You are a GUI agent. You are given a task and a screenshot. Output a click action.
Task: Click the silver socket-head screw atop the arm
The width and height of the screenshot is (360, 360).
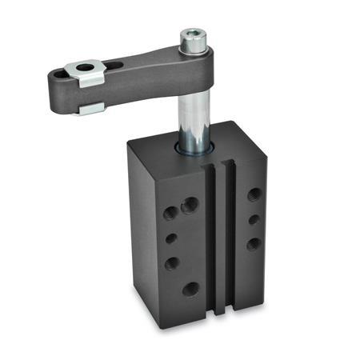tap(193, 38)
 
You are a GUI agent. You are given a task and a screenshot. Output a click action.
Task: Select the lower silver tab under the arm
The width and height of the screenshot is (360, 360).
tap(90, 107)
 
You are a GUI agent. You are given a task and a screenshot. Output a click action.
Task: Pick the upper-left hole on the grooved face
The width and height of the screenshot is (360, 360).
tap(170, 213)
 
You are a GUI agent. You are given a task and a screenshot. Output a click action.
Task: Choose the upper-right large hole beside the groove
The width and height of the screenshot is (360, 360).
tap(190, 206)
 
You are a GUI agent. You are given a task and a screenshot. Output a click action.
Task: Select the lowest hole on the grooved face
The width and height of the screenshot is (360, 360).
tap(190, 288)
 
